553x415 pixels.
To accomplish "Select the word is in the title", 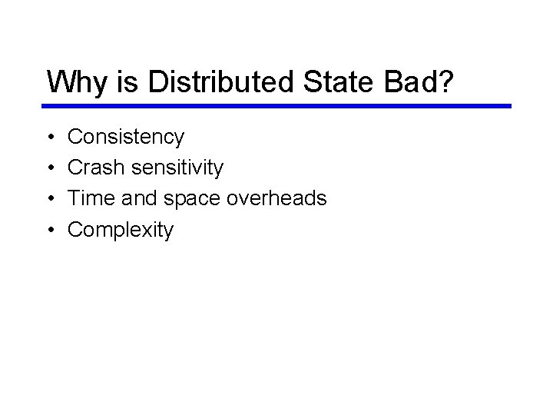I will click(128, 81).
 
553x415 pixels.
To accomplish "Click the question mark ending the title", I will click(446, 81).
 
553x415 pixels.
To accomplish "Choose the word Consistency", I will click(126, 138).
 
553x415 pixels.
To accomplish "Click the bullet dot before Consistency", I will click(49, 138).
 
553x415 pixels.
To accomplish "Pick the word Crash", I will click(95, 168).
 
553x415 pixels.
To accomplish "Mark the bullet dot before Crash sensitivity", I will click(49, 168).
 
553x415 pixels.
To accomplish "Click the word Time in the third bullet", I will click(91, 198).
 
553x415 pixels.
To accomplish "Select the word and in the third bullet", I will click(138, 198).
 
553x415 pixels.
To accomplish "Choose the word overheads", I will click(276, 198).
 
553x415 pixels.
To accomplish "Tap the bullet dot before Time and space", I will click(49, 199).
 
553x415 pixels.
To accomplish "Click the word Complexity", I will click(121, 230).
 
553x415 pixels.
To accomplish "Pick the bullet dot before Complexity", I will click(49, 230).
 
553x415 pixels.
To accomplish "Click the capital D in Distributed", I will click(156, 81).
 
